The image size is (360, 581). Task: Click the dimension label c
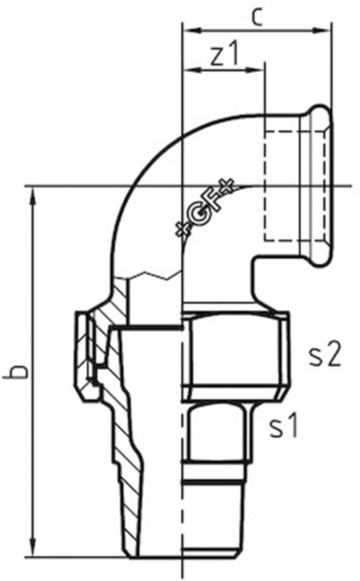click(x=258, y=17)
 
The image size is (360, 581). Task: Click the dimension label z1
click(x=224, y=56)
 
